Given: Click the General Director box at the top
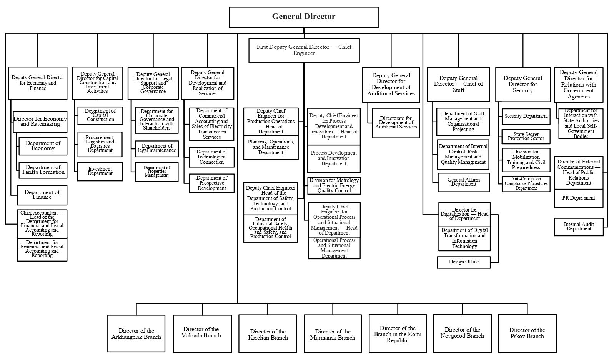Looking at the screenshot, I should point(303,17).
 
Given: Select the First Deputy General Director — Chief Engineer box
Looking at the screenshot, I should point(304,50).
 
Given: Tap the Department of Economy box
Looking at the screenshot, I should point(43,146).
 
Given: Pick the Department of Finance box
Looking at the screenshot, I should point(42,195).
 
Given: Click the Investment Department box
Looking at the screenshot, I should point(100,172).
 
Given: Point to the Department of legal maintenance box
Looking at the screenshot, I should point(157,148).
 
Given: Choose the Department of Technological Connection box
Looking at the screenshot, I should point(211,157).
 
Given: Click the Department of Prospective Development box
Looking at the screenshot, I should point(211,183).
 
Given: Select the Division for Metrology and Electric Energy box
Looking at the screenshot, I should point(334,185).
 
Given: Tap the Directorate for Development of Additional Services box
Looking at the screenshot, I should point(396,123).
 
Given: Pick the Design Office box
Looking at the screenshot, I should point(464,262).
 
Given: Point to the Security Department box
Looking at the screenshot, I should point(526,116).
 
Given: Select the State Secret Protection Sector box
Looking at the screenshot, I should point(526,137).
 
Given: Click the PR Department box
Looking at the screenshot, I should point(579,198).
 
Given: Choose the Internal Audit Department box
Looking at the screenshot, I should point(579,227).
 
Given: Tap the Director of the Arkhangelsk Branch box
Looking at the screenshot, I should point(136,333).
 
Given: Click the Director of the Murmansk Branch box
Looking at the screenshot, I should point(333,334).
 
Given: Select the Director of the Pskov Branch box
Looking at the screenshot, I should point(527,333).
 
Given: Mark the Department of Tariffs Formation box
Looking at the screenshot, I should point(43,170).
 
